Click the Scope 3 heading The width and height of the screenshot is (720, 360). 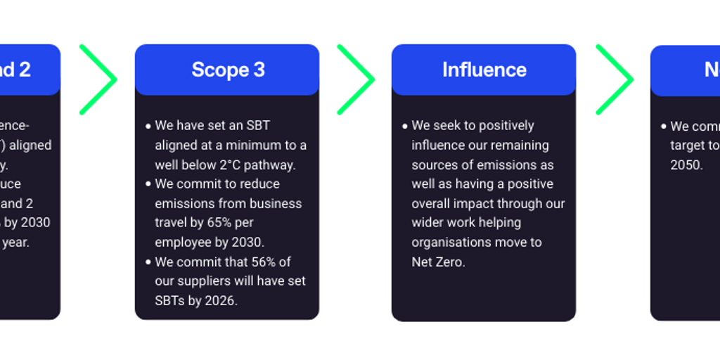[x=228, y=70]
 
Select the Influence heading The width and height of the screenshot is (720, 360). [x=484, y=70]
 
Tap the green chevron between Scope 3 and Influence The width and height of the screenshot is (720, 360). [x=357, y=79]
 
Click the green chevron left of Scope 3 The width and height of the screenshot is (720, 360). [x=98, y=79]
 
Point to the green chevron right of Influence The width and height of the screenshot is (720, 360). [x=615, y=79]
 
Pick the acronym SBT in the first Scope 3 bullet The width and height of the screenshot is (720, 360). [x=257, y=126]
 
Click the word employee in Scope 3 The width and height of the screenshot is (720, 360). [x=182, y=242]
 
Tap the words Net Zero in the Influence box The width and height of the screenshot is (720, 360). [x=438, y=262]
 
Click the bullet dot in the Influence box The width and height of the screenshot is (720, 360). [x=405, y=127]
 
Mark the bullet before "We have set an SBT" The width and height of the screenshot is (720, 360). [x=148, y=127]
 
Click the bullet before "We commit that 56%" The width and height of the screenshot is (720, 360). [x=148, y=262]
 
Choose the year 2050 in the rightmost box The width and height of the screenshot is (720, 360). [x=686, y=165]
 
